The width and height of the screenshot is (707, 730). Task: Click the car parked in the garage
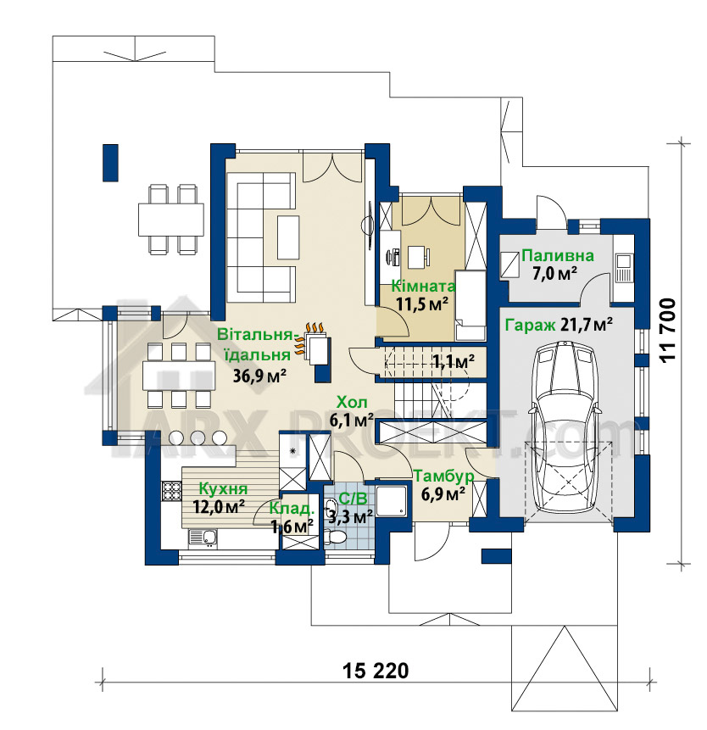[x=565, y=428]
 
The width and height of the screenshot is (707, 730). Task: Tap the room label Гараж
[x=530, y=325]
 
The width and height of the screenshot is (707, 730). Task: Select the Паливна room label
[x=558, y=255]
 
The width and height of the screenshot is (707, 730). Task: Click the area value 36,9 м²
[x=259, y=376]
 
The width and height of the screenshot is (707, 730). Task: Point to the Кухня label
[x=223, y=489]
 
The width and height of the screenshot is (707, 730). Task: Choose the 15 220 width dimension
[x=376, y=671]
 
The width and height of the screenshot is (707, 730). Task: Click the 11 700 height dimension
[x=667, y=331]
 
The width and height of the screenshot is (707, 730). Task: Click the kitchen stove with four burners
[x=170, y=491]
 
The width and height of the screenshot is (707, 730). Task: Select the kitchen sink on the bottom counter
[x=203, y=538]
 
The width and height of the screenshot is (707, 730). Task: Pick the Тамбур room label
[x=444, y=476]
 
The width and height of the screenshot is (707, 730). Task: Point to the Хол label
[x=352, y=402]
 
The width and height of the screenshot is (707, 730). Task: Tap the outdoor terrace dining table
[x=170, y=220]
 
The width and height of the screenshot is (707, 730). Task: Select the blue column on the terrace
[x=110, y=163]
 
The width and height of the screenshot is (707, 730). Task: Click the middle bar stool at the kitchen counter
[x=198, y=437]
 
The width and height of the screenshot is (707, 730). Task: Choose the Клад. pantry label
[x=292, y=509]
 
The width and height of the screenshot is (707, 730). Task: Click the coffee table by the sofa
[x=288, y=237]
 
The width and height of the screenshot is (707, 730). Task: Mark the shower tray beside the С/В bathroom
[x=392, y=502]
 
